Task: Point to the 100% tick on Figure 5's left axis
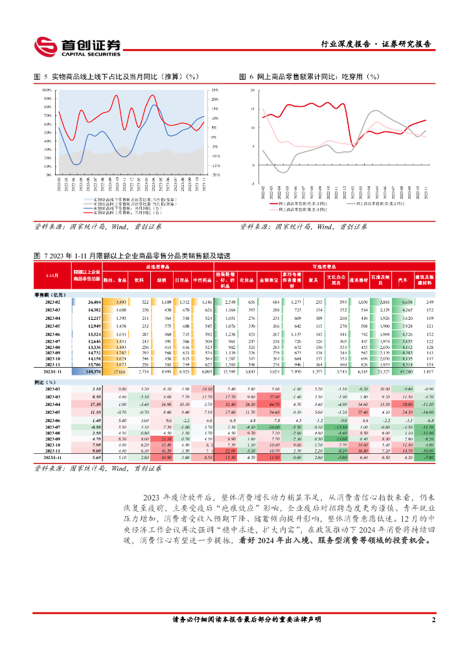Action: click(x=47, y=91)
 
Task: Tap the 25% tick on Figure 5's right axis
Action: click(x=214, y=91)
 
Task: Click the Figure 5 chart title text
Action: click(x=117, y=77)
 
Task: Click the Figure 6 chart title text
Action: click(x=310, y=77)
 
